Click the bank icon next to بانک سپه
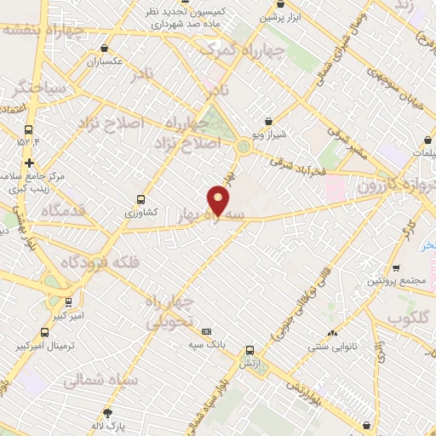(x=206, y=331)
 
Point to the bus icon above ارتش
(x=250, y=350)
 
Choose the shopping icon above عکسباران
(x=104, y=49)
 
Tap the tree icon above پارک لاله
(x=107, y=413)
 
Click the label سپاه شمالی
(x=95, y=382)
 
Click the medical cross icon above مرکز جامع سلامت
(x=30, y=163)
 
